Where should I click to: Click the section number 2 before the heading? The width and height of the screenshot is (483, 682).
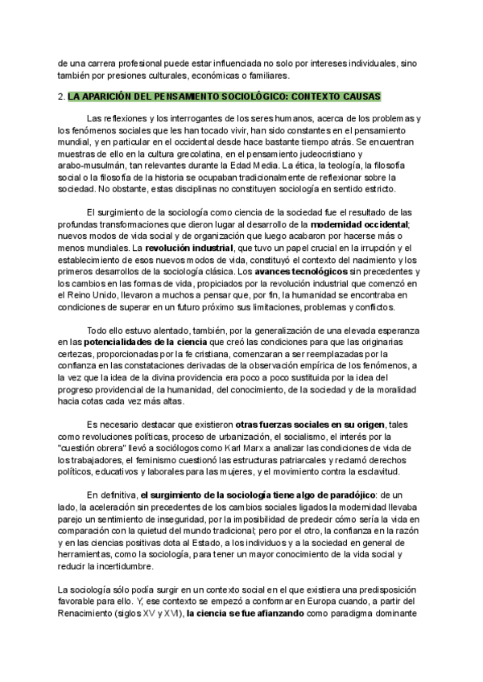[x=61, y=97]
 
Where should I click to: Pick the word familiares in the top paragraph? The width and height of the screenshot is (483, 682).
[x=262, y=76]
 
